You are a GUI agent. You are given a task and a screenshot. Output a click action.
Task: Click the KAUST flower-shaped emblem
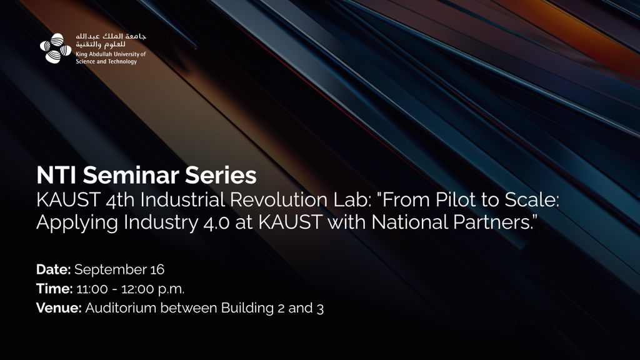56,48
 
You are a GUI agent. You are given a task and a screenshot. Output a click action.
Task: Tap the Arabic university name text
111,41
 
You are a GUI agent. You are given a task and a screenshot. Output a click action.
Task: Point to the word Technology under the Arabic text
122,62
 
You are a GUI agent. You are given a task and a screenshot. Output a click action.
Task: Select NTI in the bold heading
57,175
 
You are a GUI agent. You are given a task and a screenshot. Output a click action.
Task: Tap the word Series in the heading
221,175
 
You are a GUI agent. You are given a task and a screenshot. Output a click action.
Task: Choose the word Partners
492,222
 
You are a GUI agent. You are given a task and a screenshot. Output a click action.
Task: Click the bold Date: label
54,269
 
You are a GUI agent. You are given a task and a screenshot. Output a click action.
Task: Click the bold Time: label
54,289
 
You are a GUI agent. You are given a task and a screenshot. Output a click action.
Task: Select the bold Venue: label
59,307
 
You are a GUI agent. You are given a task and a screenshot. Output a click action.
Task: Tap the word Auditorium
121,307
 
